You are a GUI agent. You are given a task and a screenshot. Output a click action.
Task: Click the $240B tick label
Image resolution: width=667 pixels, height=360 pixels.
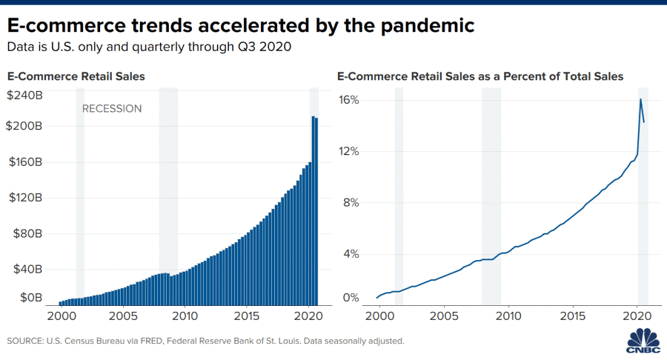click(24, 96)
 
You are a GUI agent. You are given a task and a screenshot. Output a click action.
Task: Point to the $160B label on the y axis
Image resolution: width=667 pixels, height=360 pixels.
click(24, 161)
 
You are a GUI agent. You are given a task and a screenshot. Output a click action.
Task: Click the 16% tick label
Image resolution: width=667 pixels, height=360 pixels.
click(349, 100)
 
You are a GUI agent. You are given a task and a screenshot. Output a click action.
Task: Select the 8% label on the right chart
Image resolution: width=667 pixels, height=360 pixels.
click(352, 202)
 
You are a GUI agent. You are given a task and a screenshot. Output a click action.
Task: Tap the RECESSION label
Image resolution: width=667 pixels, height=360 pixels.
click(111, 109)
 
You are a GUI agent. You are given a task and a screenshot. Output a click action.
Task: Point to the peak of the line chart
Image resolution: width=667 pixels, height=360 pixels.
click(640, 99)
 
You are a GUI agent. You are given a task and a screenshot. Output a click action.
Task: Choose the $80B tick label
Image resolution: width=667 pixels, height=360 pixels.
click(27, 233)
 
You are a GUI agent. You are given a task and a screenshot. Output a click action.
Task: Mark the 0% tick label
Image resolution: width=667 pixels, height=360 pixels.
click(352, 298)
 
